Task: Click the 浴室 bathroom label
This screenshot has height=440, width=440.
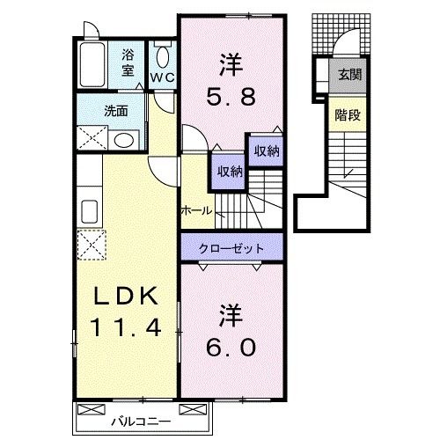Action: tap(128, 63)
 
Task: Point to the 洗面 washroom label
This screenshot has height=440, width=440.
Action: tap(116, 111)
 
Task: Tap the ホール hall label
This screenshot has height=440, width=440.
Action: tap(195, 211)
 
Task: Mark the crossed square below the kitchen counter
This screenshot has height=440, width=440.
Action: tap(92, 243)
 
